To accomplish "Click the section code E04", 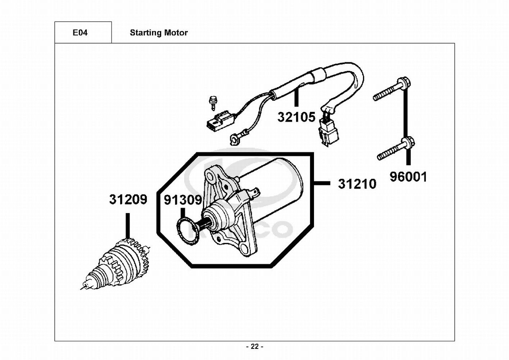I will coord(80,33).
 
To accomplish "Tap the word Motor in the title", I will coord(176,33).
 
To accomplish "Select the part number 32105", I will coord(296,117).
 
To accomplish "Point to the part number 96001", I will coord(409,177).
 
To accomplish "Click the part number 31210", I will coord(357,184).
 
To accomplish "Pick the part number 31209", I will coord(128,199).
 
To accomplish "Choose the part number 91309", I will coord(183,200).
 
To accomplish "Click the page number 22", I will coord(255,346).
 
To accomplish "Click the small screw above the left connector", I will coord(213,102).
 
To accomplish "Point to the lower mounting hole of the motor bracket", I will coord(246,248).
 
